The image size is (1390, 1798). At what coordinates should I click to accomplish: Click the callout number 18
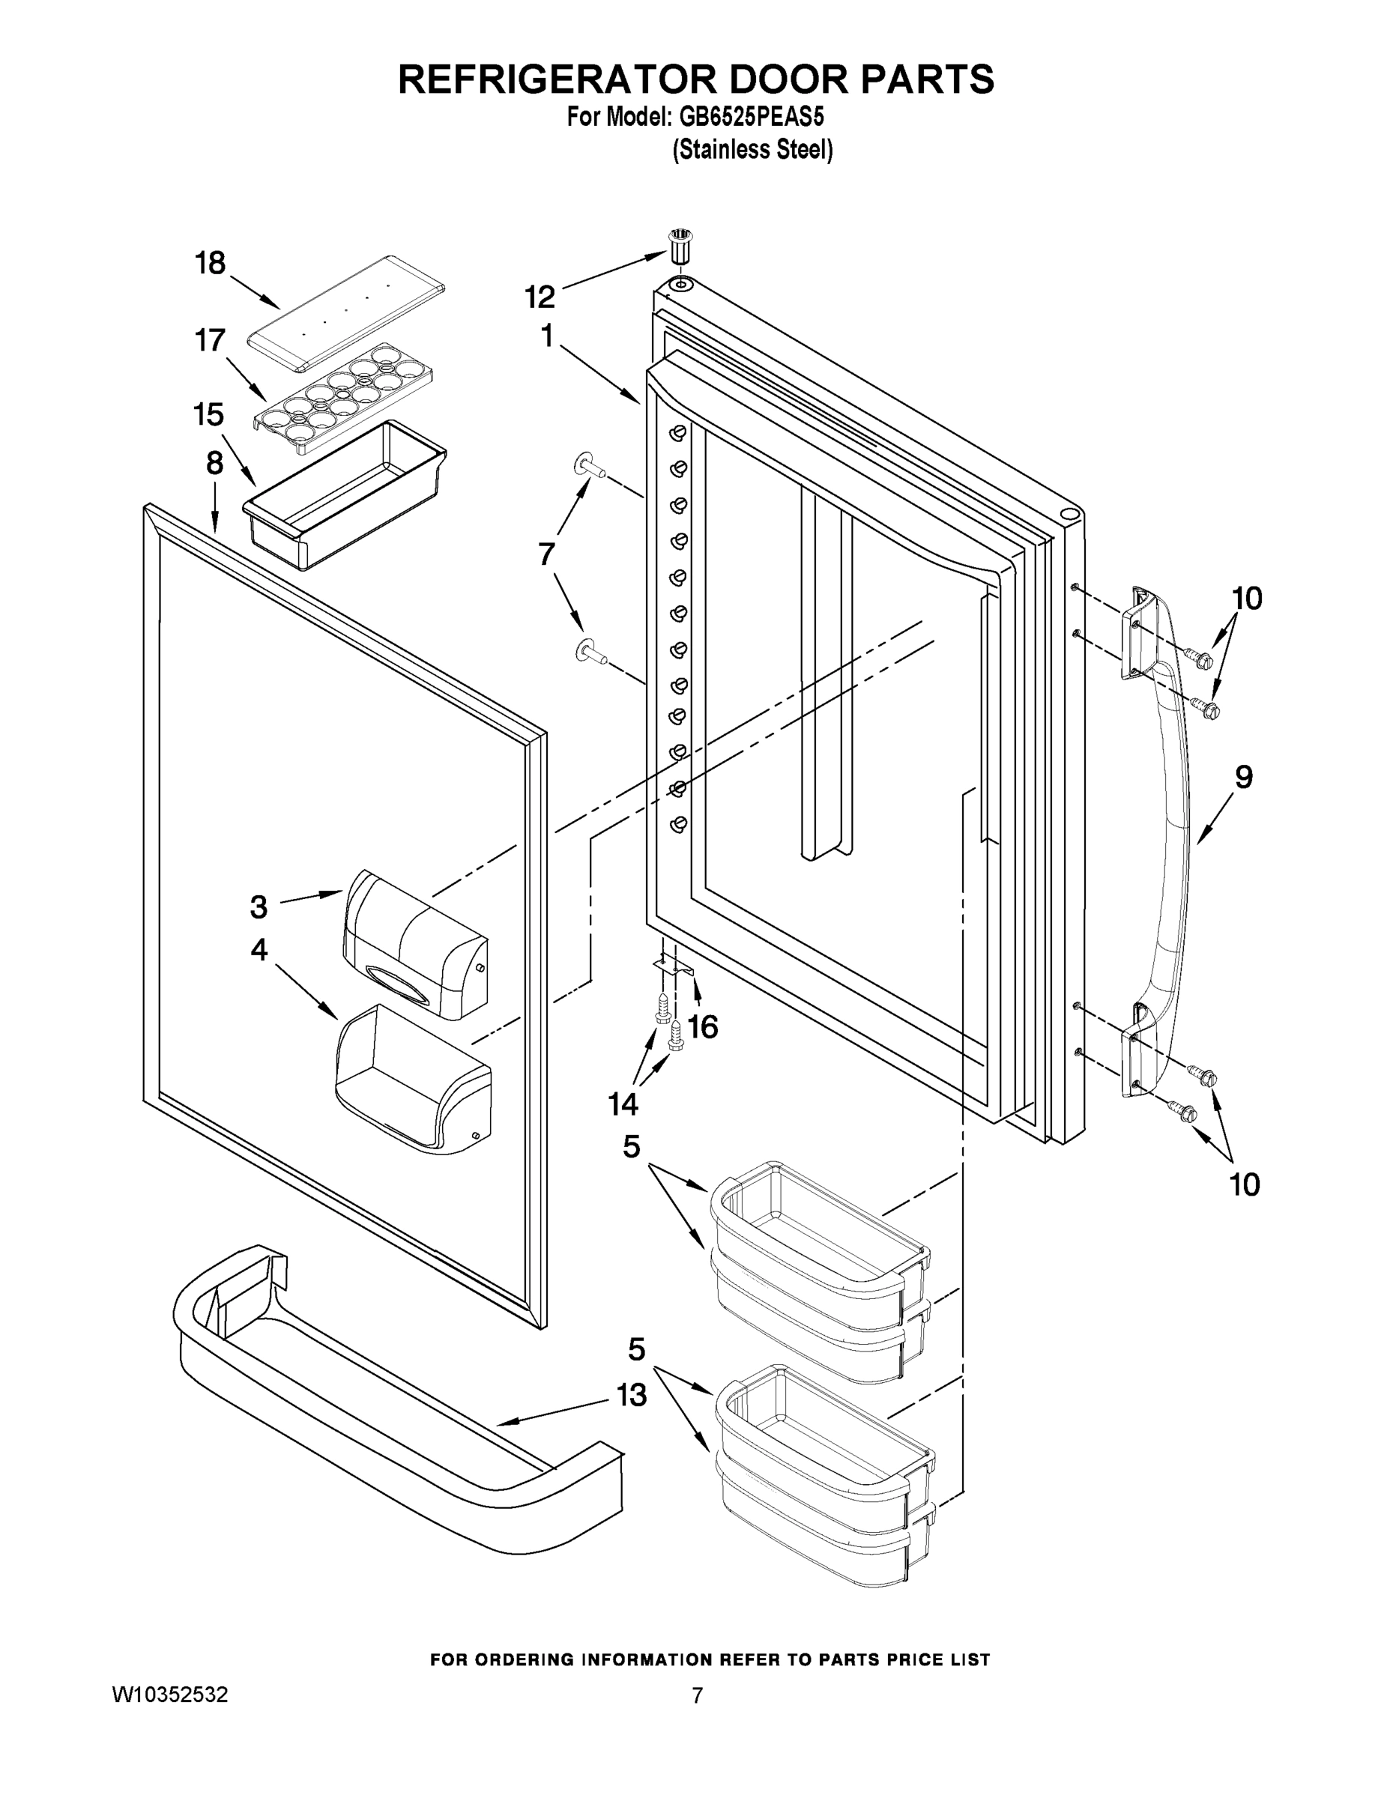pos(209,264)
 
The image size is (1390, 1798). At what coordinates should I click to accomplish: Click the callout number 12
pos(540,297)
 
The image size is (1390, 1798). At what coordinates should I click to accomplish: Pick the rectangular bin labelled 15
pos(344,494)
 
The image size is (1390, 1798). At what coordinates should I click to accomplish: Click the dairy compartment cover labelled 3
pos(415,943)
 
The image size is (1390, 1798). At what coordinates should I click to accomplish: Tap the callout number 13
pos(632,1396)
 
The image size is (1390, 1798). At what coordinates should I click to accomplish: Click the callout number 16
pos(702,1026)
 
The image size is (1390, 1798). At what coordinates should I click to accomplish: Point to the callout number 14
pos(623,1104)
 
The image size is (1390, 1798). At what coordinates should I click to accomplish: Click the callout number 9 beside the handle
pos(1243,776)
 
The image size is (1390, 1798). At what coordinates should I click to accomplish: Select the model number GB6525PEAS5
pos(751,117)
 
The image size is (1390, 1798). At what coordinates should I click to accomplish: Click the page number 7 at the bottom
pos(697,1696)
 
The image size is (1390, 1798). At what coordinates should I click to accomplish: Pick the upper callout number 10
pos(1247,599)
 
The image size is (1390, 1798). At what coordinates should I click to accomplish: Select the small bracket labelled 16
pos(674,966)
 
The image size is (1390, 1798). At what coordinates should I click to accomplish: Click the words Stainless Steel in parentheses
pos(752,150)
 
